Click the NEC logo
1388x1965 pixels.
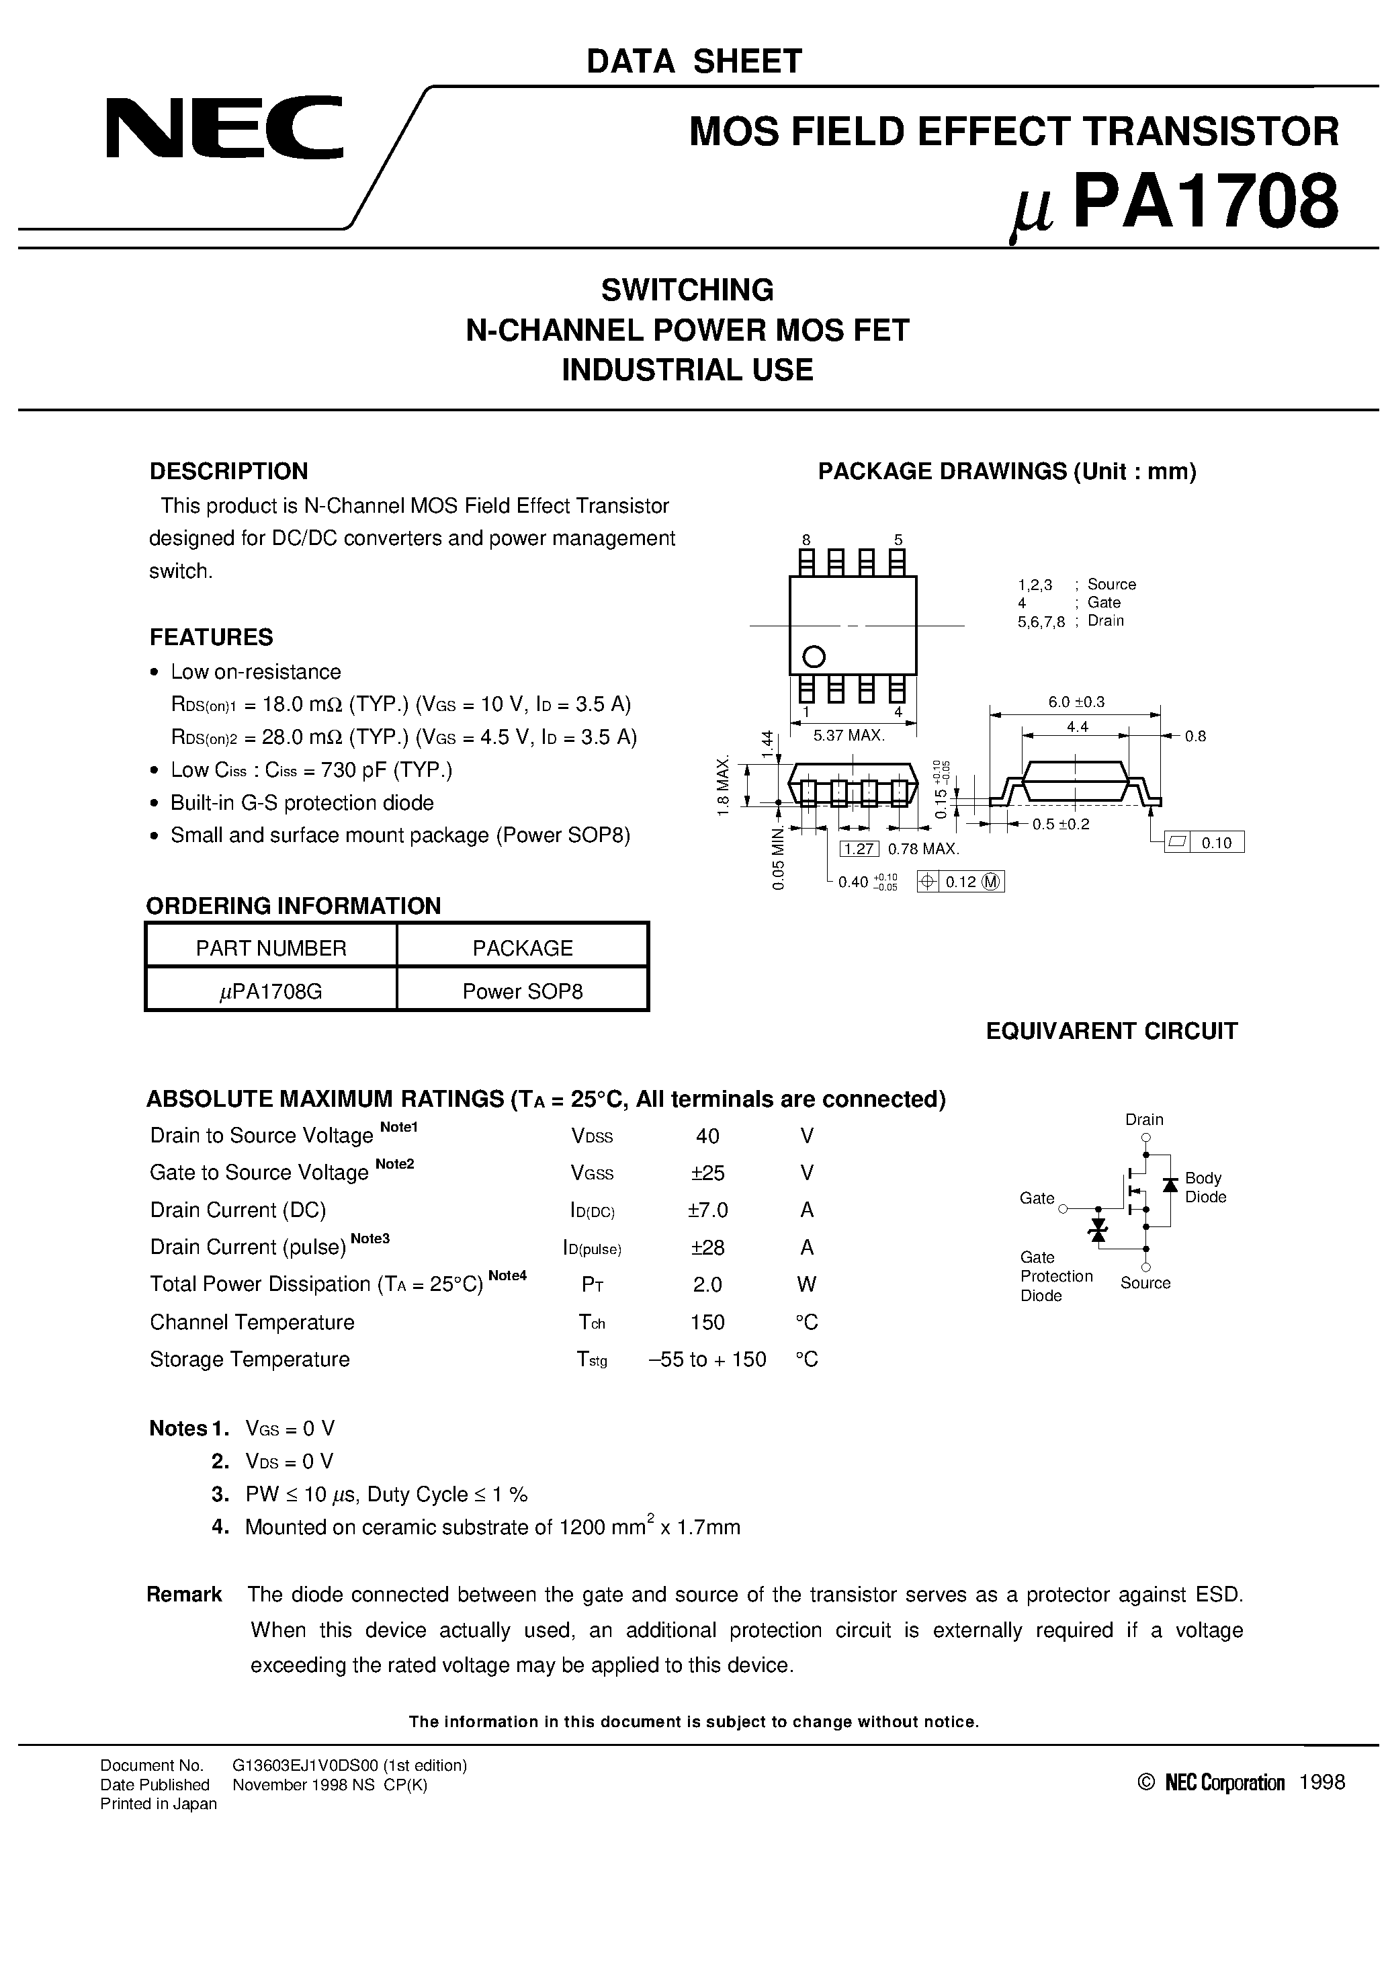coord(224,128)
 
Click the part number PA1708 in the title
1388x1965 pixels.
coord(1205,203)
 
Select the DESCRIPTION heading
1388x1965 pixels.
coord(228,472)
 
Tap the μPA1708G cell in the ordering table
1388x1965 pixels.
coord(271,991)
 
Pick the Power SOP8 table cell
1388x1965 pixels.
coord(522,991)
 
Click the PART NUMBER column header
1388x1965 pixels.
coord(271,948)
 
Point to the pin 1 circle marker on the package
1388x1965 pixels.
coord(814,657)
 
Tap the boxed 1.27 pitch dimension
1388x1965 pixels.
coord(859,849)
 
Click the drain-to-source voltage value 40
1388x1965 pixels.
coord(707,1136)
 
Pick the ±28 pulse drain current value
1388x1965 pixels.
coord(707,1247)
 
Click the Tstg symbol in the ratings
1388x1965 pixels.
coord(592,1360)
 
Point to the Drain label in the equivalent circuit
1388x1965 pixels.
coord(1144,1120)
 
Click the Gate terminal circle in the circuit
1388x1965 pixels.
coord(1064,1209)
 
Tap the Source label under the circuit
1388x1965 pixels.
coord(1145,1283)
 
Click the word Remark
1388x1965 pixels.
coord(184,1595)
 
